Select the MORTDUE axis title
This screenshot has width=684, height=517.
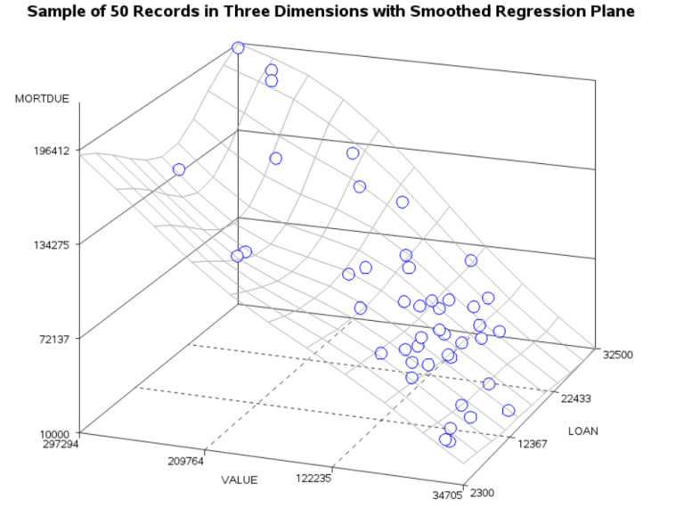42,99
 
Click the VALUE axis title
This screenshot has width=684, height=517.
239,480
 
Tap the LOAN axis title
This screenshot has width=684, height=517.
583,431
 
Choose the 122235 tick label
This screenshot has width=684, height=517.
313,478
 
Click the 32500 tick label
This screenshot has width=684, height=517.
617,354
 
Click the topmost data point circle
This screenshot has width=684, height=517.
238,48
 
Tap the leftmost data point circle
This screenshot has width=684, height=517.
179,169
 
